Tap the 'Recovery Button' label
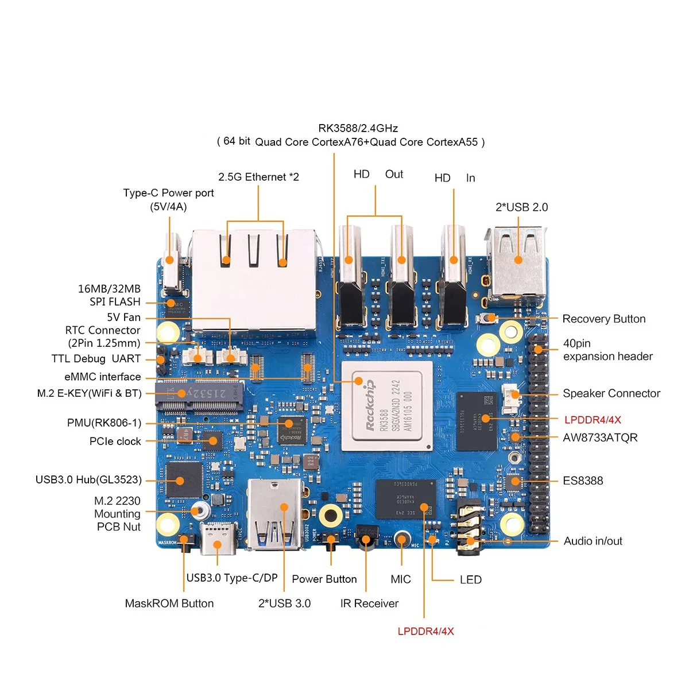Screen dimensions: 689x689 pyautogui.click(x=603, y=319)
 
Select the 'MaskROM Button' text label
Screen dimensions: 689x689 pyautogui.click(x=169, y=603)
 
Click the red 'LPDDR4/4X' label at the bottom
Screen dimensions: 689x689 pyautogui.click(x=425, y=632)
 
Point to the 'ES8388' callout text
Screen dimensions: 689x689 pyautogui.click(x=583, y=481)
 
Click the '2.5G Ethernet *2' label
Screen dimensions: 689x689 pyautogui.click(x=258, y=177)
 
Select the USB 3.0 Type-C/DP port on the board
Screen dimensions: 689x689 pyautogui.click(x=218, y=539)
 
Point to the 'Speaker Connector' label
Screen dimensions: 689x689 pyautogui.click(x=611, y=393)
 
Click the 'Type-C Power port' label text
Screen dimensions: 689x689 pyautogui.click(x=168, y=193)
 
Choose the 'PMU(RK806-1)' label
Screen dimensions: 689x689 pyautogui.click(x=104, y=423)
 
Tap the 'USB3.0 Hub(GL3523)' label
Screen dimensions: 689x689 pyautogui.click(x=88, y=479)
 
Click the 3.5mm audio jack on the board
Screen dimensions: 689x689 pyautogui.click(x=469, y=529)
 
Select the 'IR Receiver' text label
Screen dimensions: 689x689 pyautogui.click(x=369, y=603)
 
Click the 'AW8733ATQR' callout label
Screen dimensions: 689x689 pyautogui.click(x=600, y=438)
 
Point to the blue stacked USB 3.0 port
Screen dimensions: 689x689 pyautogui.click(x=275, y=514)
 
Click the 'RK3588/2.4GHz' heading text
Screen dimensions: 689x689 pyautogui.click(x=358, y=128)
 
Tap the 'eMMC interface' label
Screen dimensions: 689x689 pyautogui.click(x=102, y=377)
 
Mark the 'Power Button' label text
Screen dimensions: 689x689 pyautogui.click(x=324, y=579)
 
